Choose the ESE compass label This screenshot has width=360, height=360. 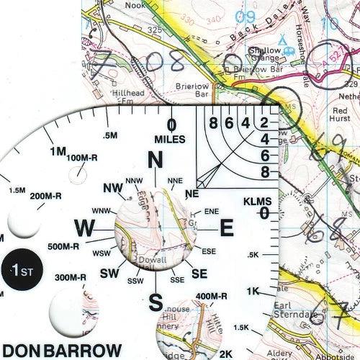click(210, 251)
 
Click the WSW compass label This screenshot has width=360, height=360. click(102, 253)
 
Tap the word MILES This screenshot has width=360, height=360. click(169, 138)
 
